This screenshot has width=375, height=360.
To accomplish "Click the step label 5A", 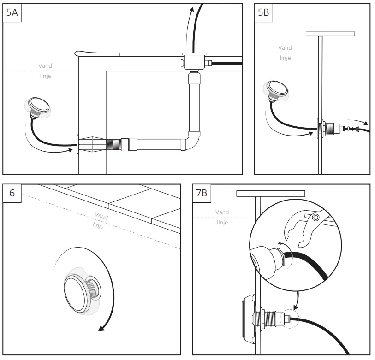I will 12,12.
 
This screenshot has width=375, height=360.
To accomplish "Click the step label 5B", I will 263,12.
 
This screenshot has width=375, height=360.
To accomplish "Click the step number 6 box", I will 12,193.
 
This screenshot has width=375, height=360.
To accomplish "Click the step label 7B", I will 202,193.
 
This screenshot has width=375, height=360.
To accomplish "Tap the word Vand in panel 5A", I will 45,66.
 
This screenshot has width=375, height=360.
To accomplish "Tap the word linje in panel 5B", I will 285,58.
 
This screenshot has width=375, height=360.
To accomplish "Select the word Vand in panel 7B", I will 222,212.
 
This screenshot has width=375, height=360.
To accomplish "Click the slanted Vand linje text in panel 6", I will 100,220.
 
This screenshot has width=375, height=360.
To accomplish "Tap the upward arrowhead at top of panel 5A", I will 190,9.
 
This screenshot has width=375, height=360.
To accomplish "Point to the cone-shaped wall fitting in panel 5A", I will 92,144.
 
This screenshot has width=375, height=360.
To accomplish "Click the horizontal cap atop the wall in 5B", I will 330,34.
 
